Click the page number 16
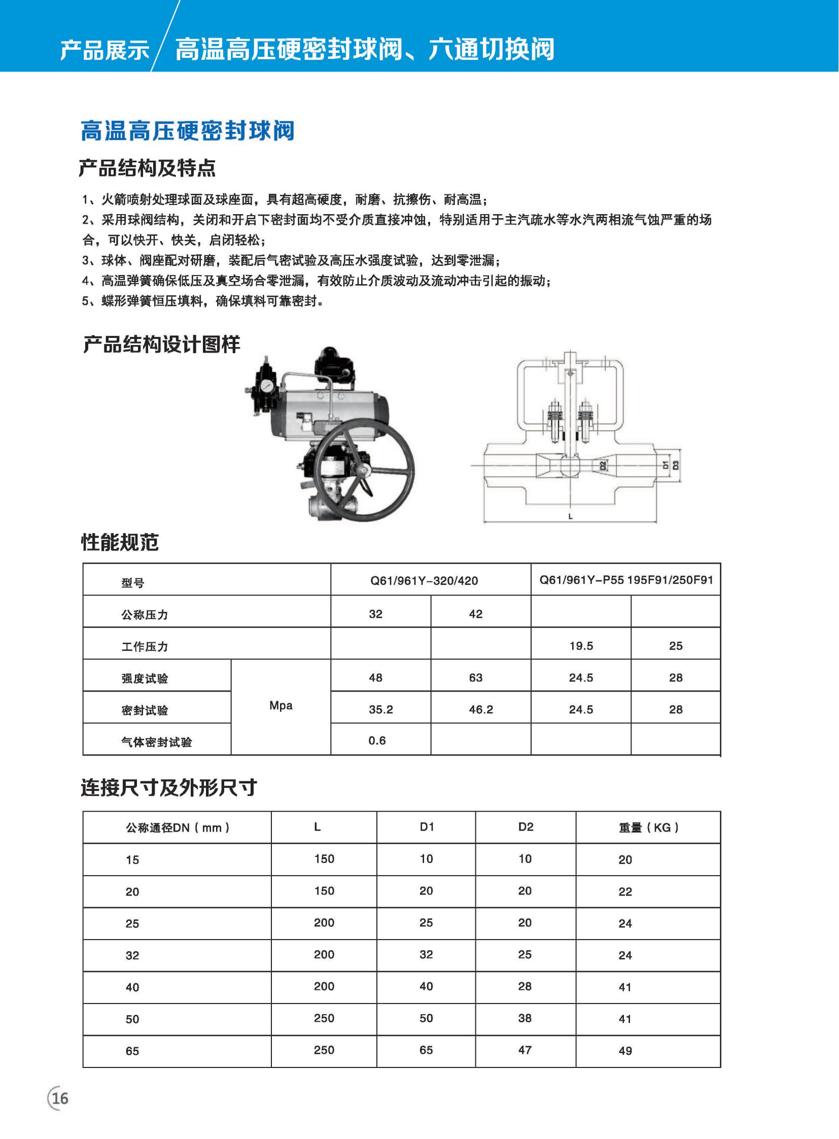(x=60, y=1098)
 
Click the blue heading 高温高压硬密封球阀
(x=187, y=130)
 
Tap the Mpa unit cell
(x=281, y=705)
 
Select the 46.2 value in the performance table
(x=480, y=709)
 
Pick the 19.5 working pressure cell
(x=581, y=646)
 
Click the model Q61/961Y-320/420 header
(x=424, y=581)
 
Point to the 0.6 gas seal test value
(x=377, y=741)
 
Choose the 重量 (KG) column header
(x=649, y=827)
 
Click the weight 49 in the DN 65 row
(x=625, y=1051)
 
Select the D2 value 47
(x=525, y=1050)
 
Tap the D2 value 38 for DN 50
(x=525, y=1018)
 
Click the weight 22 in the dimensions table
(x=625, y=891)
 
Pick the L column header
(x=318, y=827)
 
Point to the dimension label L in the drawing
(x=570, y=516)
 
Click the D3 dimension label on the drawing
(x=676, y=465)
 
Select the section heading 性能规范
(x=120, y=542)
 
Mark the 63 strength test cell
(x=475, y=678)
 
